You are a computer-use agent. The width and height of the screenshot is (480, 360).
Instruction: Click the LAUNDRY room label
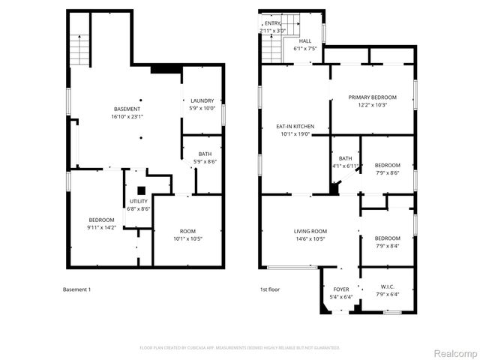202,104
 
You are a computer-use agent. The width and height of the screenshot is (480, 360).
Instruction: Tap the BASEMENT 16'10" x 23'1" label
126,113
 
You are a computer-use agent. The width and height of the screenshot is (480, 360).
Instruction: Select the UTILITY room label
139,205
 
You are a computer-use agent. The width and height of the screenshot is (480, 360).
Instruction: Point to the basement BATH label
205,157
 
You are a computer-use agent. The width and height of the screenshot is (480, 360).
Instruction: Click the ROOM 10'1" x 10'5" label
187,235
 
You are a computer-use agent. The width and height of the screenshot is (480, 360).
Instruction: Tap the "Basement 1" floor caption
76,289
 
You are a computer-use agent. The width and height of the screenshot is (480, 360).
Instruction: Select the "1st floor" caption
270,289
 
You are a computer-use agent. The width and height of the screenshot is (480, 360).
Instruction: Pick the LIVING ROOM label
310,235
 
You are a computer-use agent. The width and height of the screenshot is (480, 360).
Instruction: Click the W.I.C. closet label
387,289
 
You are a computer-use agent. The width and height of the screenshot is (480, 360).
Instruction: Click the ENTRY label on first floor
272,27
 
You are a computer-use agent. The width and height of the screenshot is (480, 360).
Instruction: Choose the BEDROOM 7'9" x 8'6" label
388,169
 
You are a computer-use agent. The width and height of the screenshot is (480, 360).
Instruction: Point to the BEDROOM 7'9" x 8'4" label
388,241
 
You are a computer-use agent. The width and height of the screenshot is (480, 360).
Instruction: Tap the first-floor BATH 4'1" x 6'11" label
346,161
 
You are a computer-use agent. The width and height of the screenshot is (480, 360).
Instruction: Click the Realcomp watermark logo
457,352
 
